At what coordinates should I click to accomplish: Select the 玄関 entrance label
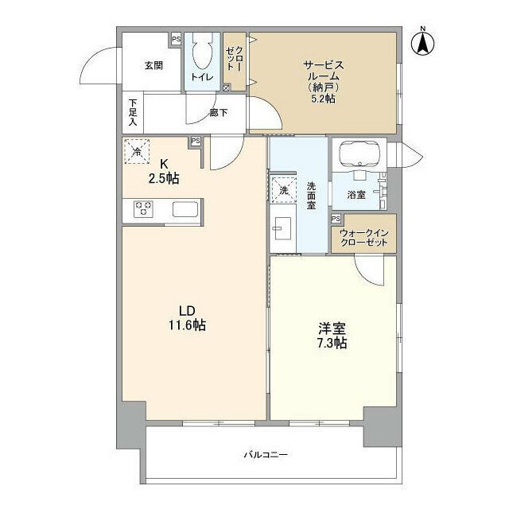[x=153, y=65]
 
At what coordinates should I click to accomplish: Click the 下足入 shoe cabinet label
[x=133, y=113]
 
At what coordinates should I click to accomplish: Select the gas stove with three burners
[x=144, y=209]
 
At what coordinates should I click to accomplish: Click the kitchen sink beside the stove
[x=185, y=210]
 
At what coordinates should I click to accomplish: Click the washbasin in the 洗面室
[x=282, y=227]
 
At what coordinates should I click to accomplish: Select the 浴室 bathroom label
[x=356, y=193]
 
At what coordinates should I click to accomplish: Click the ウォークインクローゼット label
[x=363, y=236]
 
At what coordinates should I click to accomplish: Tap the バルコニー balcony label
[x=265, y=455]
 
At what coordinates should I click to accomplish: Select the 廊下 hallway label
[x=218, y=113]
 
